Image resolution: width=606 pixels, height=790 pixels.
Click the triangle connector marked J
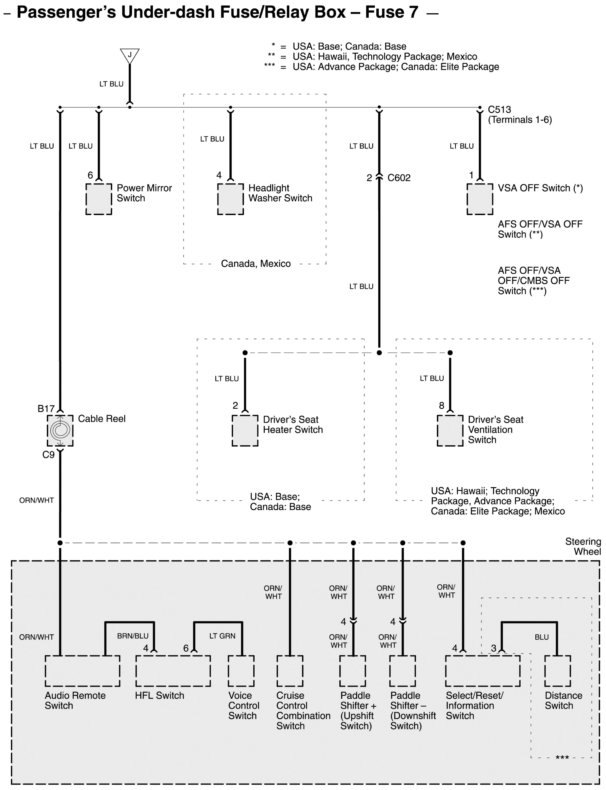point(129,56)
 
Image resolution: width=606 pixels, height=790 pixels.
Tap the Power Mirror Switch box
point(99,199)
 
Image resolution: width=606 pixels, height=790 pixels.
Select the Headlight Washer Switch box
point(230,199)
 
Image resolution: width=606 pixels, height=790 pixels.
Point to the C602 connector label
point(399,178)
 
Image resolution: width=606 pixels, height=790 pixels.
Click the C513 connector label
point(499,110)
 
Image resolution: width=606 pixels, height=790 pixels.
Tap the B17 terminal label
point(46,409)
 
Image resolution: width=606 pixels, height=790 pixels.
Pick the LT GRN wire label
point(222,636)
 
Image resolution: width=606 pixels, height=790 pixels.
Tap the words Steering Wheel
point(583,546)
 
